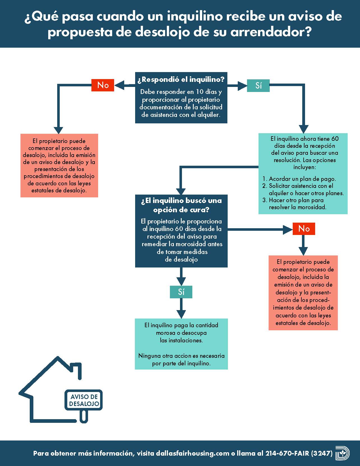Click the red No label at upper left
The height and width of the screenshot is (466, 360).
pos(103,85)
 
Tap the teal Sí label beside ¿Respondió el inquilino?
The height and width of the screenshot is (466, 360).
pos(258,86)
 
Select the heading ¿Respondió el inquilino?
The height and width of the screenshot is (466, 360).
pos(181,79)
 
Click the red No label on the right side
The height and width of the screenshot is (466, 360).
pos(304,229)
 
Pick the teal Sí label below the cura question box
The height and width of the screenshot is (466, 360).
pos(181,292)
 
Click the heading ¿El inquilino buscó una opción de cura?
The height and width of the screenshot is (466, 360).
pos(181,205)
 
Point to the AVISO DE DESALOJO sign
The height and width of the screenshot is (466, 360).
pos(84,400)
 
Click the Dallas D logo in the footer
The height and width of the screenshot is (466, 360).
pos(342,453)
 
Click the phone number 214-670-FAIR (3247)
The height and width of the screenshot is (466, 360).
pos(299,453)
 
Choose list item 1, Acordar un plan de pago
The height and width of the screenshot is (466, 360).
pos(302,179)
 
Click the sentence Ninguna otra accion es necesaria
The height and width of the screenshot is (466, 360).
pos(181,356)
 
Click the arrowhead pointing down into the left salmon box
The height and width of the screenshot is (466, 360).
pos(58,130)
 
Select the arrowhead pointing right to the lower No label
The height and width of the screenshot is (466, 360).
pos(288,230)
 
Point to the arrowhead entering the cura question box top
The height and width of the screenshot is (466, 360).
pos(181,191)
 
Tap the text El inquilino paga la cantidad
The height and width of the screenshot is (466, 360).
pos(181,325)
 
